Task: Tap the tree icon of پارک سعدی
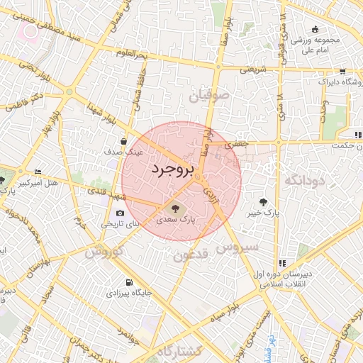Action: click(x=175, y=208)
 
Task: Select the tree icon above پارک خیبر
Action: click(x=264, y=202)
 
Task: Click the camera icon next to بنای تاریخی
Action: click(x=119, y=213)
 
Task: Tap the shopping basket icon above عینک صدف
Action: click(x=124, y=141)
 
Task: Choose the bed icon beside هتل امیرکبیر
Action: click(x=38, y=172)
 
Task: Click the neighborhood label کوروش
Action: click(x=105, y=251)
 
